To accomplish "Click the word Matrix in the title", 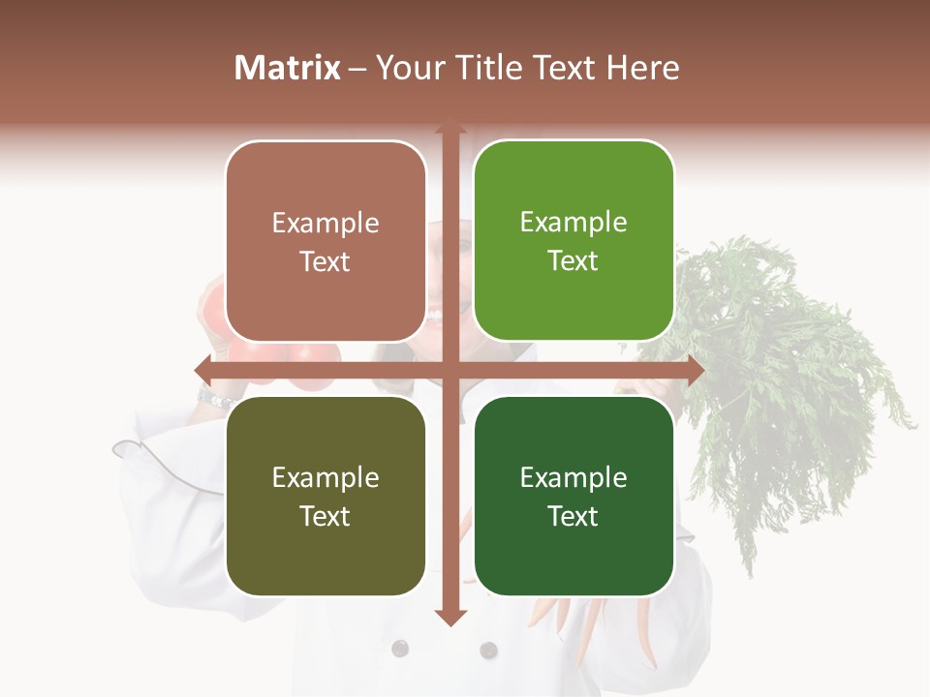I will pyautogui.click(x=288, y=68).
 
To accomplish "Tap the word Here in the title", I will pyautogui.click(x=642, y=68).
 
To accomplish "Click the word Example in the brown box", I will pyautogui.click(x=325, y=224).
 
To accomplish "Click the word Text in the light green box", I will pyautogui.click(x=573, y=261).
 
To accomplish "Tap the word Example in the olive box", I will pyautogui.click(x=325, y=477).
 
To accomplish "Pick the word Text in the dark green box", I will pyautogui.click(x=573, y=516).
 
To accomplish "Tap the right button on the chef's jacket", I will pyautogui.click(x=488, y=650).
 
